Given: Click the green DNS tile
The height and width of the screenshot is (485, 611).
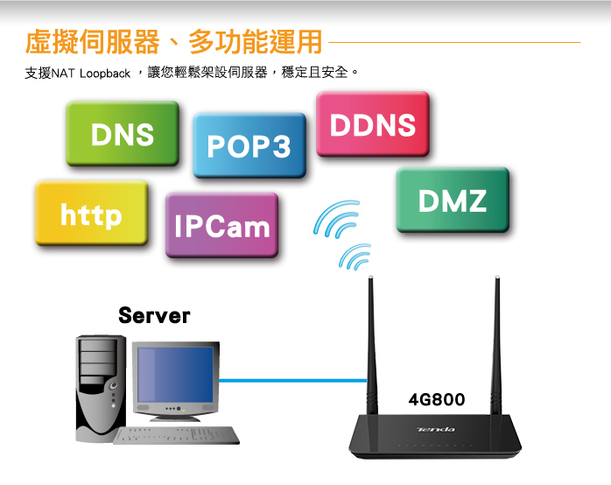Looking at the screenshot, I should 122,134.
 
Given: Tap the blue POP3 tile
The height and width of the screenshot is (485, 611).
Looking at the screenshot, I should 249,146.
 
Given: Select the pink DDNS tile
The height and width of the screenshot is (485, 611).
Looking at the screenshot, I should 372,125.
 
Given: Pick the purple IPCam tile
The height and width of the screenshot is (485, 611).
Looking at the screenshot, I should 221,227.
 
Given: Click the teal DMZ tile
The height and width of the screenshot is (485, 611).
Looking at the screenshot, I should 452,201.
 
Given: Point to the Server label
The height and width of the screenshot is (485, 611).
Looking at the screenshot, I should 154,315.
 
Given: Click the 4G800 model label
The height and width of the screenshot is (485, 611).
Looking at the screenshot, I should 437,400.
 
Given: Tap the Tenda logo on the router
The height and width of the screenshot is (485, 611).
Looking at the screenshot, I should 436,429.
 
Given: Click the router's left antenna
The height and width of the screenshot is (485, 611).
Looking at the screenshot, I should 370,341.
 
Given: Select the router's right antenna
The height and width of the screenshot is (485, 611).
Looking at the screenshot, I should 497,341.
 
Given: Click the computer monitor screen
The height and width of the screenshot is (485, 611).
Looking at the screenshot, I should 175,375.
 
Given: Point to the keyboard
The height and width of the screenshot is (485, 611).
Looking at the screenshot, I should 175,435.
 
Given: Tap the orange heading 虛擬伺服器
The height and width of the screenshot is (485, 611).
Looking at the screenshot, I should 93,41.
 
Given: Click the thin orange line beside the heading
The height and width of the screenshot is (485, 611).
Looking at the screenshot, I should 455,41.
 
